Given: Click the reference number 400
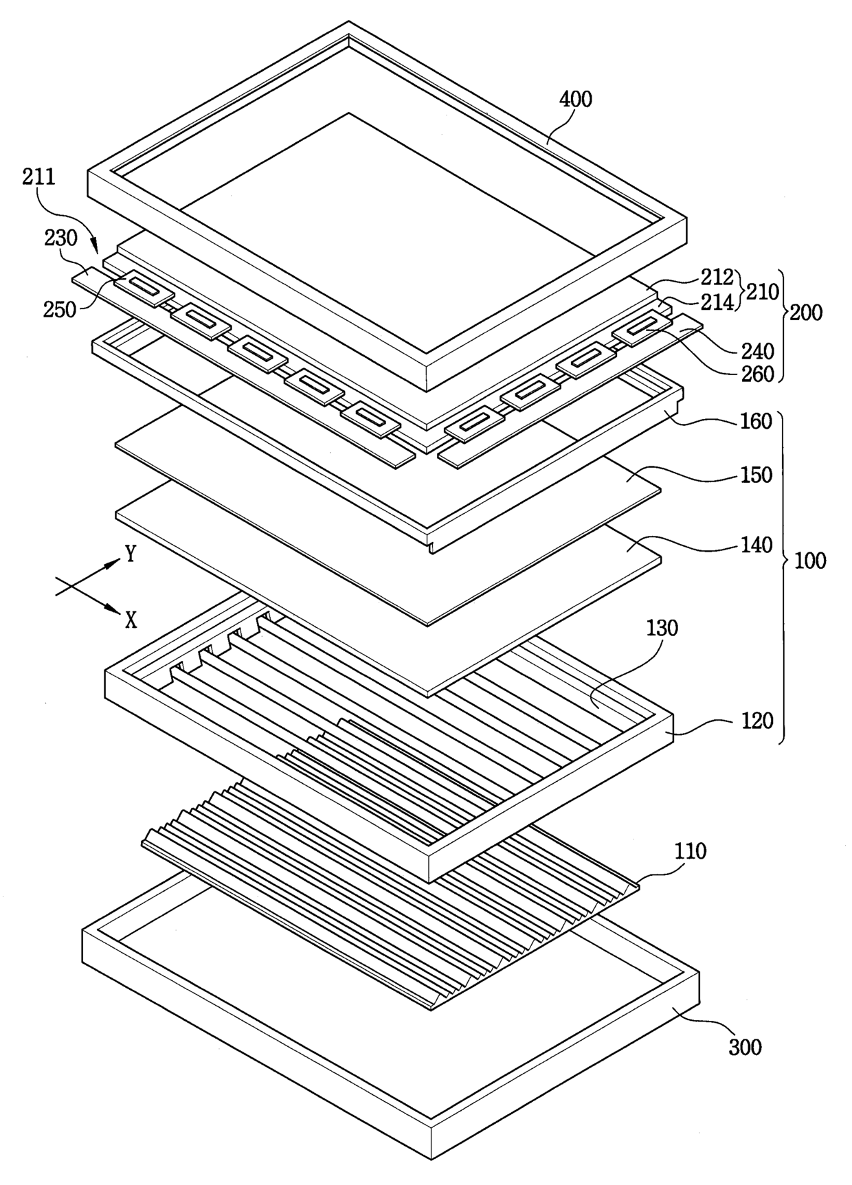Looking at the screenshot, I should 575,100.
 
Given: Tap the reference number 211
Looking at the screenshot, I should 38,177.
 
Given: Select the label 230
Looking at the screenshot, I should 60,238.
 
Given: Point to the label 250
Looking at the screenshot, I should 60,309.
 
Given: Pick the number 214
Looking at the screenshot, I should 718,302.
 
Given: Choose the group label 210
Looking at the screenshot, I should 763,291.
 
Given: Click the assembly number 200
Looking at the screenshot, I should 806,313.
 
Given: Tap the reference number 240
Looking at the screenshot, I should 757,351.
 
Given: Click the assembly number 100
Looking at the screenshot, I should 810,561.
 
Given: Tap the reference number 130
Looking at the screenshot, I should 661,628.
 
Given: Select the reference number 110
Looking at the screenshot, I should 690,851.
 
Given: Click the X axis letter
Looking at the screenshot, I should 131,621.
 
